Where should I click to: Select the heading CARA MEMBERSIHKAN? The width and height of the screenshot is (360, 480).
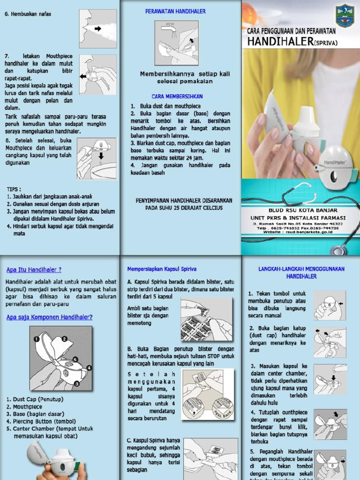177,96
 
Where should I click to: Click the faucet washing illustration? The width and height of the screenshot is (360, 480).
177,43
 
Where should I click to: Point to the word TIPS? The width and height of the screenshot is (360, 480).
14,189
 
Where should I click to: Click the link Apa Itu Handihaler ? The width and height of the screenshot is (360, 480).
34,270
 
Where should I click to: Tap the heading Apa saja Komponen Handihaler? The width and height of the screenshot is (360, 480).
49,317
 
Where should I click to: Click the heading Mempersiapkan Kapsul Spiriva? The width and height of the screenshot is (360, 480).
162,269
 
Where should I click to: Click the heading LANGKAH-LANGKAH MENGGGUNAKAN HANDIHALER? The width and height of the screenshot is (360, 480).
301,272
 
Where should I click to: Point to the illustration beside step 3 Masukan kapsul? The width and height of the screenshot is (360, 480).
330,379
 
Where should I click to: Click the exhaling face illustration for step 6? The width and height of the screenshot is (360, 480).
97,29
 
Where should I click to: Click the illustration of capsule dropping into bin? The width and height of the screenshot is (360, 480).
97,158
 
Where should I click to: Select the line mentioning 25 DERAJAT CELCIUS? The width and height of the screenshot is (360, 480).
177,207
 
